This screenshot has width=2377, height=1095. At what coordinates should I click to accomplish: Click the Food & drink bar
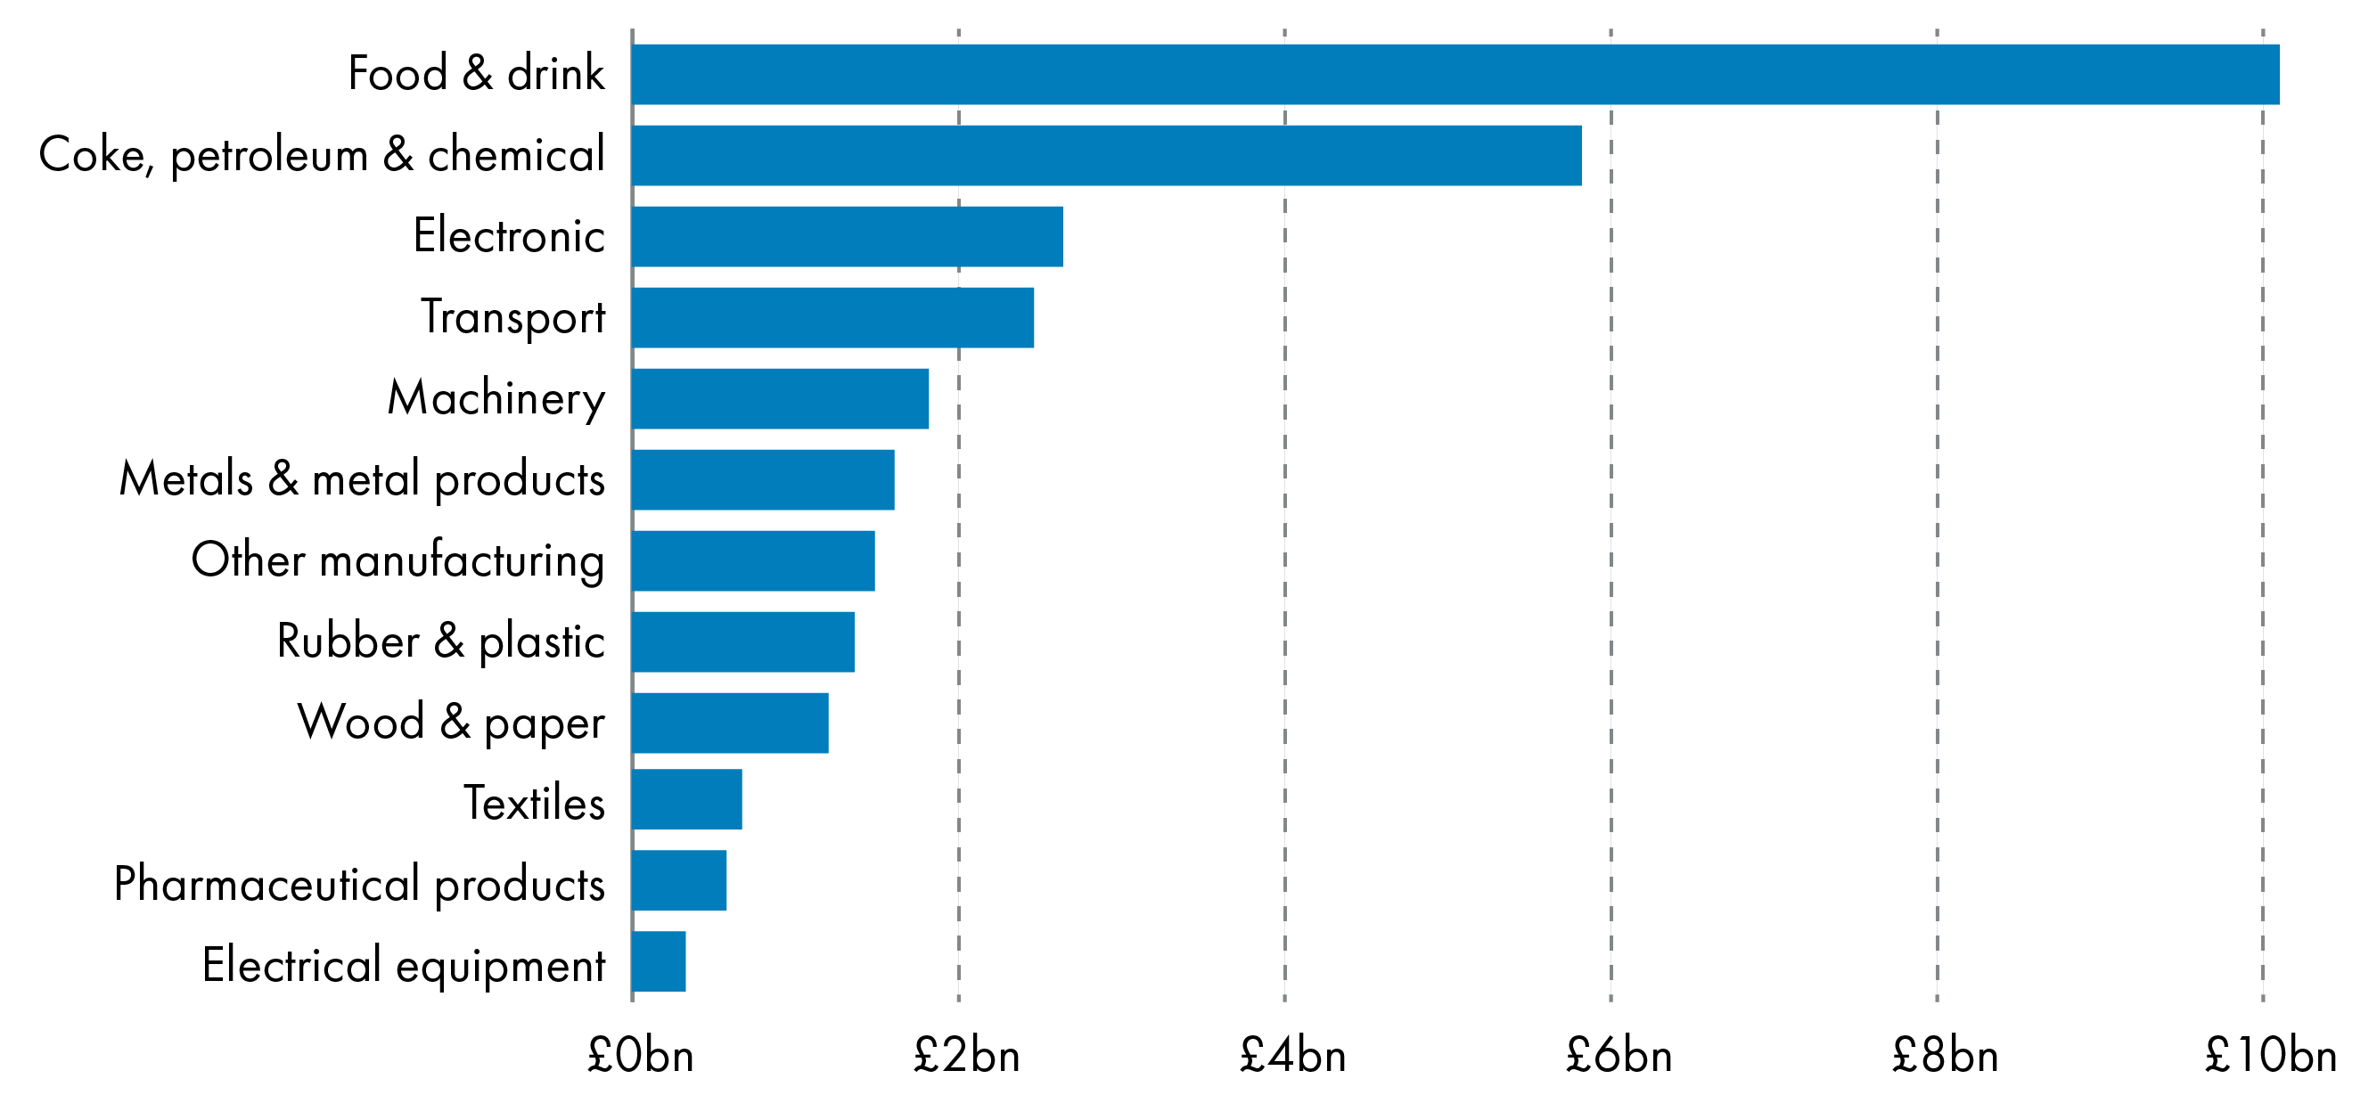pos(1455,74)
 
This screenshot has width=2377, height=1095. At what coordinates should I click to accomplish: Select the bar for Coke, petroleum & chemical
pos(1106,155)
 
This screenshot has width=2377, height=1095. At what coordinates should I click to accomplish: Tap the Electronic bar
pos(847,236)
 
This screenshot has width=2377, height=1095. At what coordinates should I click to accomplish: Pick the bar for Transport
pos(832,317)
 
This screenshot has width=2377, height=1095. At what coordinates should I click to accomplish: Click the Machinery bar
pos(780,398)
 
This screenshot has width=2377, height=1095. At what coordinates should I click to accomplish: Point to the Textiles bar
pos(686,799)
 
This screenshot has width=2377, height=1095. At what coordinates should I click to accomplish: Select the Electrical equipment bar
pos(659,961)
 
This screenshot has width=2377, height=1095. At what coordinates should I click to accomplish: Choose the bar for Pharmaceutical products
pos(679,880)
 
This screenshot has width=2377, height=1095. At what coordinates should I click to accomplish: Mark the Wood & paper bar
pos(730,723)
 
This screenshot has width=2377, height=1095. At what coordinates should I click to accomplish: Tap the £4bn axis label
pos(1291,1054)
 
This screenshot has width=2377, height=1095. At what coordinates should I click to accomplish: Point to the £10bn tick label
pos(2270,1054)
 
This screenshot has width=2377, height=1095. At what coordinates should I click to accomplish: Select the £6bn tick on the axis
pos(1619,1054)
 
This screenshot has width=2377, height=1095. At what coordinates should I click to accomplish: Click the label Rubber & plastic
pos(440,641)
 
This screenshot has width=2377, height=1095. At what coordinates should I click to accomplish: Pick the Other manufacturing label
pos(398,560)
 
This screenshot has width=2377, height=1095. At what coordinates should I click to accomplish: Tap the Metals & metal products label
pos(362,479)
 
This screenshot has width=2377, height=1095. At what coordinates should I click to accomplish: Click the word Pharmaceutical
pos(266,884)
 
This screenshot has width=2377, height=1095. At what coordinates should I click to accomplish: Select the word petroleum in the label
pos(269,155)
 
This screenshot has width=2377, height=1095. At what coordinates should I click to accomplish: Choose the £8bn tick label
pos(1944,1054)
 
